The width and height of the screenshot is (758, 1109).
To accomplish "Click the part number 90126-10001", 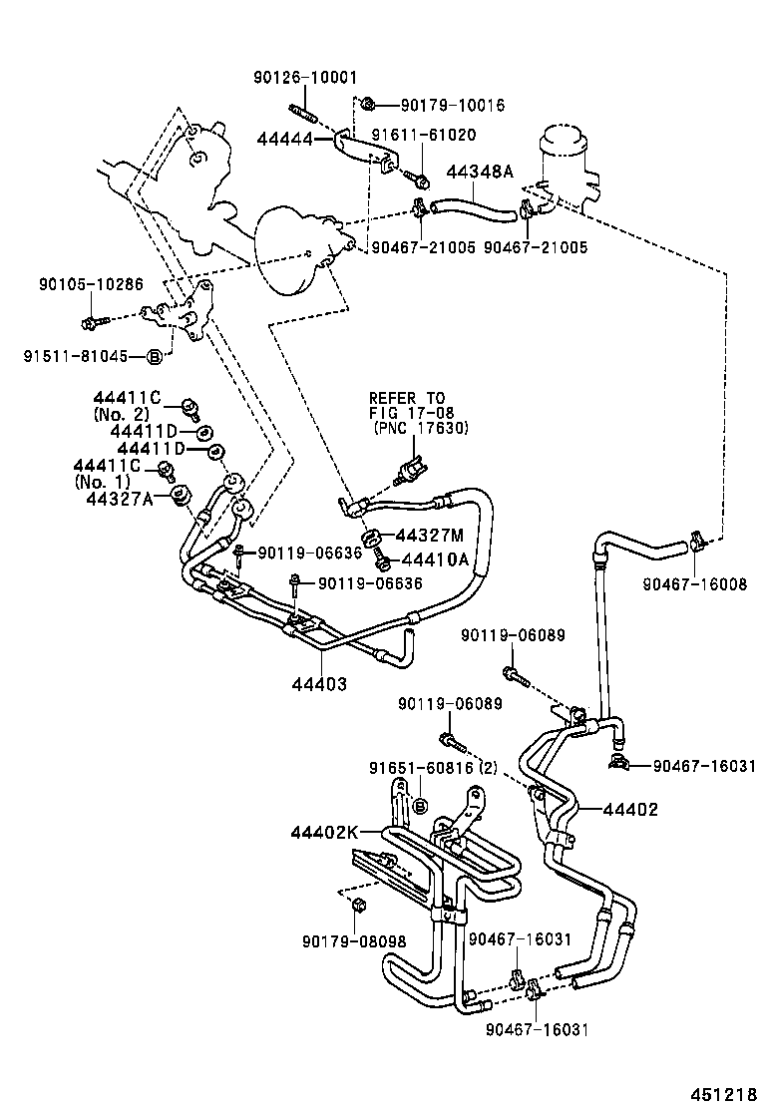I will point(303,78).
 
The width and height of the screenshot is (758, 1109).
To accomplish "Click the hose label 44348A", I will point(479,172).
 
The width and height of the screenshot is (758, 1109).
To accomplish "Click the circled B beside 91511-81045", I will point(155,356).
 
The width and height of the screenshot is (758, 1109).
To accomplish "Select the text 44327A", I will point(120,499).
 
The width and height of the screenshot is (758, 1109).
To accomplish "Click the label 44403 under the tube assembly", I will point(319,684).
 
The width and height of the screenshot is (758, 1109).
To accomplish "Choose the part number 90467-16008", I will point(694,585).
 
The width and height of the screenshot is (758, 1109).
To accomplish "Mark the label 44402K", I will point(324,831).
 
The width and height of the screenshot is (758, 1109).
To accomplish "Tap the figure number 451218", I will point(716,1093).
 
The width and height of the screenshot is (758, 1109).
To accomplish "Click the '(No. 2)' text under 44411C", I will point(121,413).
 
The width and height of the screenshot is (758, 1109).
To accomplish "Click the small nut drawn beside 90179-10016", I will point(368,104).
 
